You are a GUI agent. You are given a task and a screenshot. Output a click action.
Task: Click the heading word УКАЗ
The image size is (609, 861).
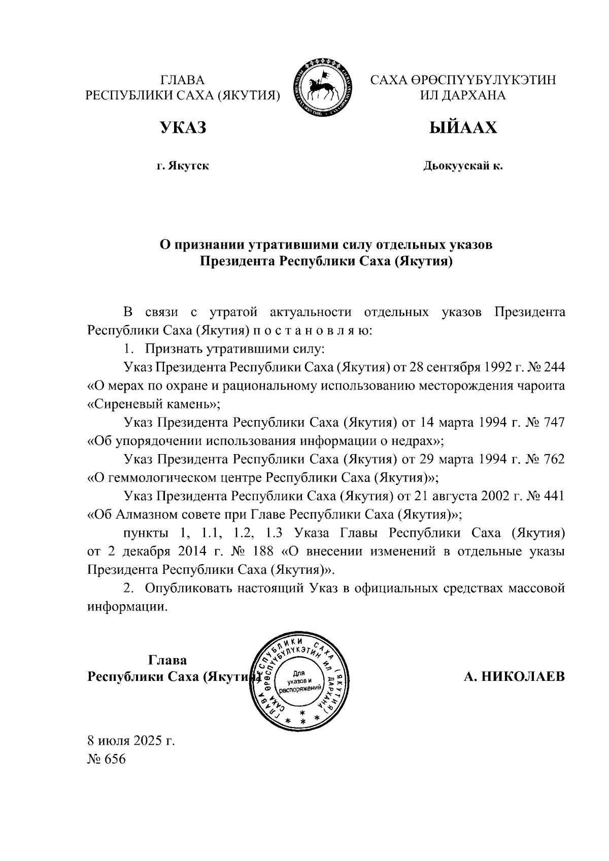tap(183, 128)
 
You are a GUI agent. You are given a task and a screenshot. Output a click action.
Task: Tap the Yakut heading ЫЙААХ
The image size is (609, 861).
tap(463, 128)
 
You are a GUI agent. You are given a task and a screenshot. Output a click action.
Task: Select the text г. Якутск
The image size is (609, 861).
tap(183, 166)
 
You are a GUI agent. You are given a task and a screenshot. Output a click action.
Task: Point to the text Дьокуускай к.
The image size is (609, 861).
tap(463, 166)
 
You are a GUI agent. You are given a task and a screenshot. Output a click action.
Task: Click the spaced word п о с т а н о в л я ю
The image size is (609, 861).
tap(310, 331)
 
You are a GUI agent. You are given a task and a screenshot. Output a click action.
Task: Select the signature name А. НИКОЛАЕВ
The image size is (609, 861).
tap(514, 677)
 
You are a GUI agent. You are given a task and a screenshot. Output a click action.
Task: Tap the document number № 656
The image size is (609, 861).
tap(106, 759)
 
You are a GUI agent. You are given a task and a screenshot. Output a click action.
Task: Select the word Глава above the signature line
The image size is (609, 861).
tap(167, 660)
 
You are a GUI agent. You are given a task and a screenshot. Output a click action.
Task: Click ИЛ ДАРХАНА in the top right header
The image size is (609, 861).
tap(463, 95)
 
